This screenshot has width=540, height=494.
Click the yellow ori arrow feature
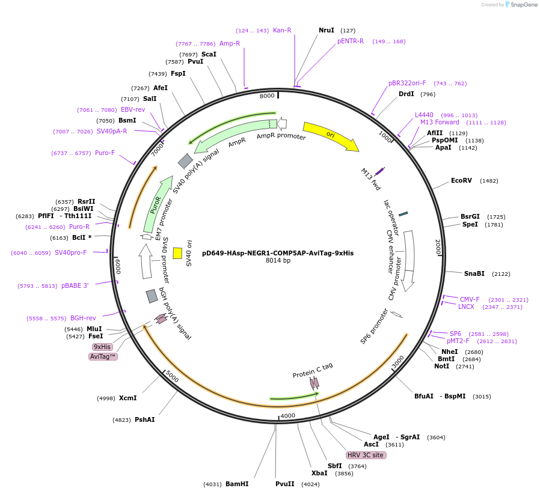(330, 136)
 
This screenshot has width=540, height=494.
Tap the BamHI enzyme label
(237, 484)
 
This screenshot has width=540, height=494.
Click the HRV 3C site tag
(366, 455)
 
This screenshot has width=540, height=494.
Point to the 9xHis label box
(102, 347)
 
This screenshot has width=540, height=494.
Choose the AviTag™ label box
(103, 356)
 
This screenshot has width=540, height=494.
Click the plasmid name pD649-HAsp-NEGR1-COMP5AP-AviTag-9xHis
(278, 253)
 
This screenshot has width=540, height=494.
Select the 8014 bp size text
(278, 261)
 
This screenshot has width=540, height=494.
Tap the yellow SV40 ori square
(177, 253)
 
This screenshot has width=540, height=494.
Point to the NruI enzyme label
(327, 30)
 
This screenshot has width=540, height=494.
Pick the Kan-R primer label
(282, 30)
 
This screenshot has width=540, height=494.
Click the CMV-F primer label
(470, 299)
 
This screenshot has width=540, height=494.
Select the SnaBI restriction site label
(474, 273)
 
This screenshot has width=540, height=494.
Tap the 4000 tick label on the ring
(288, 415)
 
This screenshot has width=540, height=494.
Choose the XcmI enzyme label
(127, 398)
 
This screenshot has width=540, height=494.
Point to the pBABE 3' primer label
(75, 285)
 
